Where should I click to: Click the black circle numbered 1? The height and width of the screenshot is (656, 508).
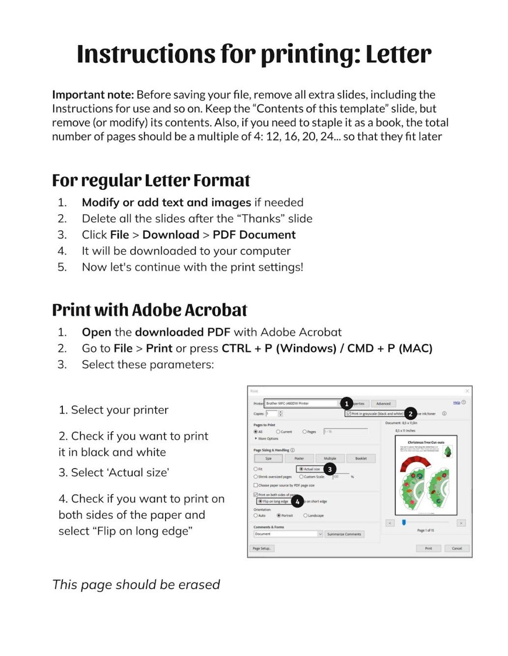click(346, 403)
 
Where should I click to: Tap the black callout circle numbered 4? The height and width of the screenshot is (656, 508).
click(297, 501)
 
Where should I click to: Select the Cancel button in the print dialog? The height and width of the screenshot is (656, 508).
click(457, 548)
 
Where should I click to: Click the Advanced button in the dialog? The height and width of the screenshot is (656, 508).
click(383, 403)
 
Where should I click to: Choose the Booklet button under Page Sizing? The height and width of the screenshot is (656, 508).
click(361, 458)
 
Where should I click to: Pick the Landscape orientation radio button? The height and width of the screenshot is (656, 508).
click(306, 515)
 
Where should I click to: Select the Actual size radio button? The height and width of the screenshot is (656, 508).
click(302, 469)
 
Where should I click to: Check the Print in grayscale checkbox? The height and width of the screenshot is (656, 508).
click(349, 414)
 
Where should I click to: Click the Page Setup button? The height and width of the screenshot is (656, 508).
click(261, 548)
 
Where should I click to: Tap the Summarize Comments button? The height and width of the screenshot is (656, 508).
click(344, 534)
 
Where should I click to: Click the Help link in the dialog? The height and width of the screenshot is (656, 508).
click(456, 402)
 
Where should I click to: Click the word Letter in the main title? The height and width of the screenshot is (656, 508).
click(398, 54)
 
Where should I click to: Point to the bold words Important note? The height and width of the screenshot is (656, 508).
click(93, 95)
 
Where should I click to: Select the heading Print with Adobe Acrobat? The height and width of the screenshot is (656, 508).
click(149, 310)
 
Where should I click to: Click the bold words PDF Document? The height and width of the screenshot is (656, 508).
click(254, 235)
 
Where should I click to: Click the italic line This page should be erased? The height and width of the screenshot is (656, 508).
click(136, 584)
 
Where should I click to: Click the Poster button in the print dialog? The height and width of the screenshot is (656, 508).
click(299, 458)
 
